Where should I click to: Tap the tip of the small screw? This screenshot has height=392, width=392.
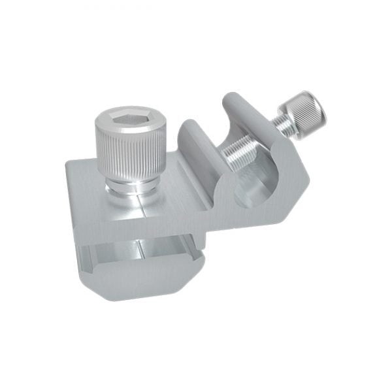pyautogui.click(x=226, y=157)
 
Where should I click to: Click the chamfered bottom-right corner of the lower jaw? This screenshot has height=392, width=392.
pyautogui.click(x=196, y=274)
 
